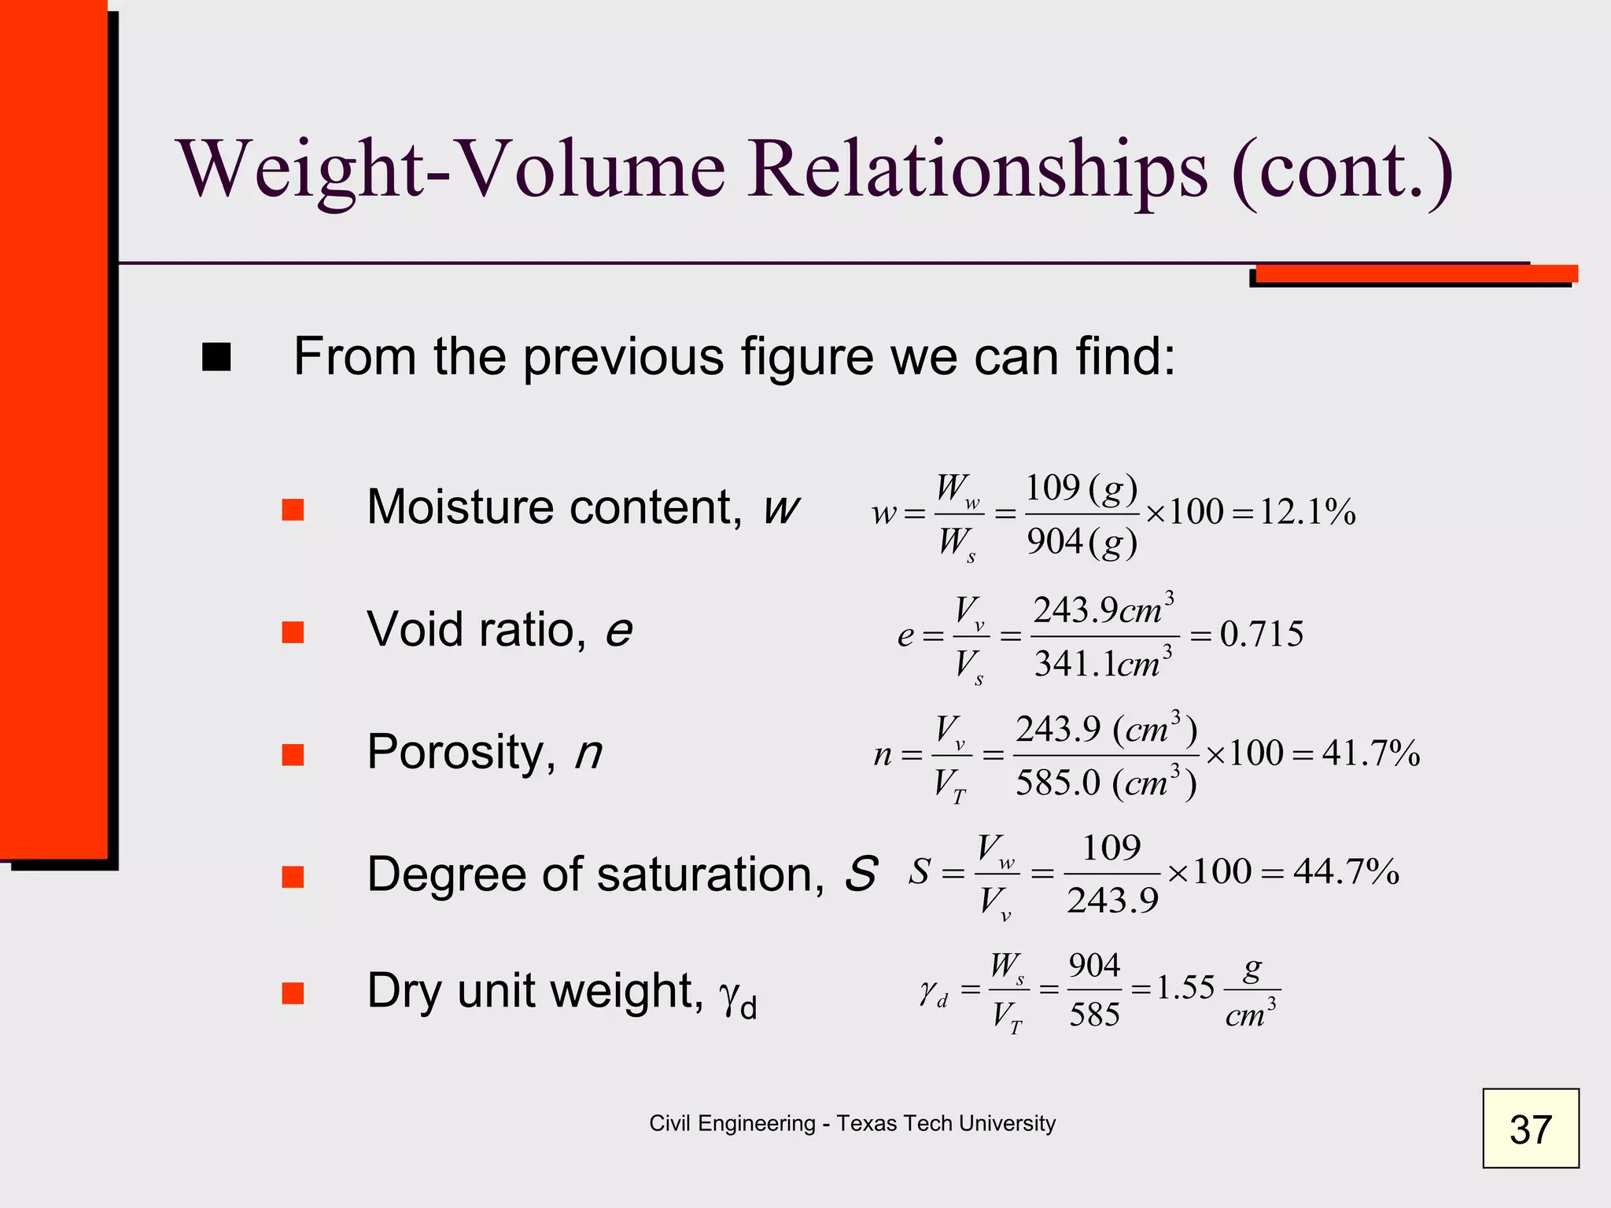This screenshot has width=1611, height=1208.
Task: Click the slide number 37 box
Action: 1530,1129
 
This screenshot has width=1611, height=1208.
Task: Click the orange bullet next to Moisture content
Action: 293,510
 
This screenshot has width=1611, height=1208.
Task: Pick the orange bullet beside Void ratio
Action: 293,632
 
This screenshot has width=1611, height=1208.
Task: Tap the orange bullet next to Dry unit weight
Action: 293,993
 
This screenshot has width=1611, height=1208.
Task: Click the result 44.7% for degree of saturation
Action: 1346,871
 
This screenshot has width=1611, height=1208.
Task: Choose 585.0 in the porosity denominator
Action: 1058,783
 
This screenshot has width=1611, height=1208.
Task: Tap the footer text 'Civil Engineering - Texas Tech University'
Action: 852,1123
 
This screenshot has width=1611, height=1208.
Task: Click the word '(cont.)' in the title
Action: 1344,170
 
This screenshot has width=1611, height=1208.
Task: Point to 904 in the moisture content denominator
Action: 1055,542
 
